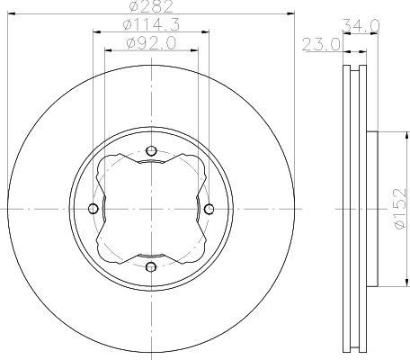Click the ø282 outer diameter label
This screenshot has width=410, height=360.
pyautogui.click(x=152, y=6)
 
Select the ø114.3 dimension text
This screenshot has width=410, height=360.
pyautogui.click(x=151, y=24)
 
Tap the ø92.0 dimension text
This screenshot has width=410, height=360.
pyautogui.click(x=151, y=43)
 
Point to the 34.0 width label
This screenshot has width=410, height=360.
pyautogui.click(x=361, y=26)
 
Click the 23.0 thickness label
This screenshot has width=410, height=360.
pyautogui.click(x=321, y=44)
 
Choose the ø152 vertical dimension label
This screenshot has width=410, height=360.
pyautogui.click(x=400, y=209)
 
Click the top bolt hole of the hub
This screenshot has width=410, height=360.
pyautogui.click(x=152, y=150)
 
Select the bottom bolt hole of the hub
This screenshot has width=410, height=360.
pyautogui.click(x=151, y=266)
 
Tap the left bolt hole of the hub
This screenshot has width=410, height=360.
pyautogui.click(x=94, y=208)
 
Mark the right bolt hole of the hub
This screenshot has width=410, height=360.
pyautogui.click(x=209, y=209)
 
